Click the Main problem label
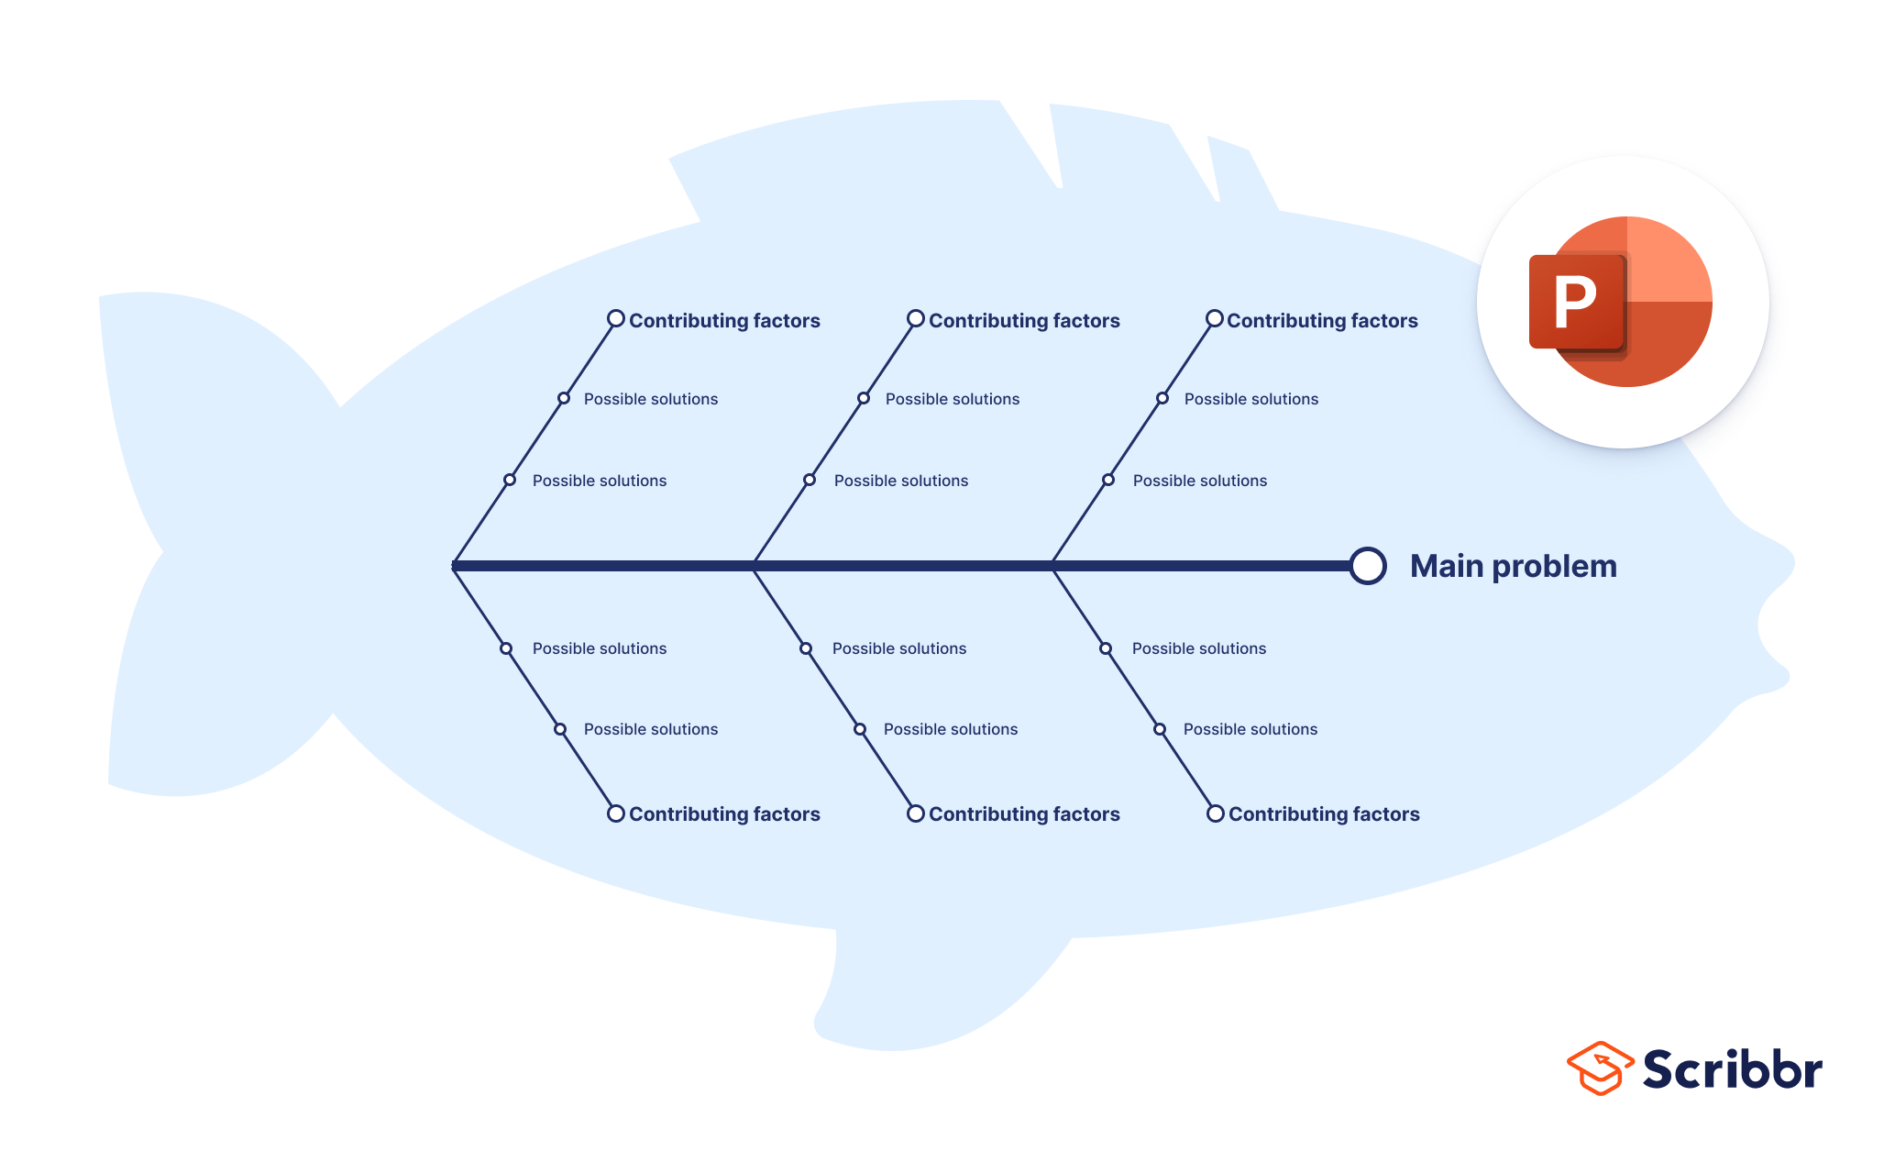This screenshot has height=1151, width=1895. pos(1513,566)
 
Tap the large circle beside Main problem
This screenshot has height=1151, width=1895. pos(1367,566)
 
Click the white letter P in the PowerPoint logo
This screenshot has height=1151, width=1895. pos(1575,302)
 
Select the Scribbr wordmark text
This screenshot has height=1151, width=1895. pos(1732,1069)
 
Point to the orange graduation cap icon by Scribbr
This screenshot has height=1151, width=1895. pos(1600,1068)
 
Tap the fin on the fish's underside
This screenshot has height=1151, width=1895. pos(917,991)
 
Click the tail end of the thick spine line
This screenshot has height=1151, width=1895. pos(456,566)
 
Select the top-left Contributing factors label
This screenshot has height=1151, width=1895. pos(724,321)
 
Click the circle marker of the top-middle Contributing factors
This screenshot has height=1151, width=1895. pos(916,319)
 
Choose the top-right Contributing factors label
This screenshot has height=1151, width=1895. pos(1322,321)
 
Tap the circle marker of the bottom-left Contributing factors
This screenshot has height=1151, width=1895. pos(616,813)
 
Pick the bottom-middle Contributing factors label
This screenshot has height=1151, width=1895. pos(1024,814)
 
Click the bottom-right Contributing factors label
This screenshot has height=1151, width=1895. pos(1324,814)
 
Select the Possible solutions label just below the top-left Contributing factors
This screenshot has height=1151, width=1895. pos(651,399)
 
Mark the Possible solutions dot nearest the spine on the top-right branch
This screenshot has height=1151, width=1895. pos(1108,480)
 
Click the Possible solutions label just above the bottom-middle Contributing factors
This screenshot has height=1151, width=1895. pos(951,729)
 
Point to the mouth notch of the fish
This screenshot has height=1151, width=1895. pos(1765,624)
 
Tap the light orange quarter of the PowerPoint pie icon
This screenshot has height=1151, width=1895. pos(1669,260)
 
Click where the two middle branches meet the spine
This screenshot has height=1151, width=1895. pos(754,566)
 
